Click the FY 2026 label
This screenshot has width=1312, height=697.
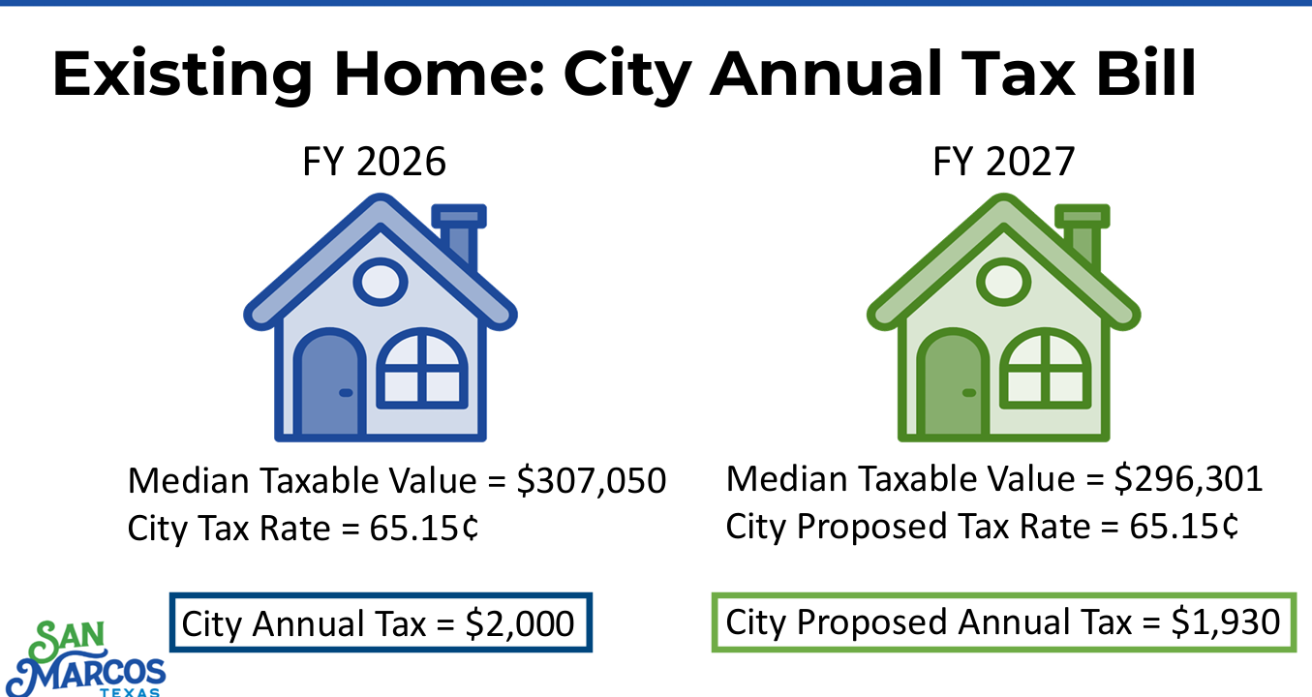click(x=375, y=162)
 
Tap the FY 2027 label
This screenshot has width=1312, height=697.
click(x=1004, y=162)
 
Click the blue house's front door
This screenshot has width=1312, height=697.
click(x=330, y=383)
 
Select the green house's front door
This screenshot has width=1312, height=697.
click(x=953, y=383)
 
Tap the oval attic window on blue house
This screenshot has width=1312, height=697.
click(x=381, y=282)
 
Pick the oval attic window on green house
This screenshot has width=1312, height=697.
click(x=1004, y=282)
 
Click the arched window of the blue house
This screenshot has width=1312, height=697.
click(x=422, y=369)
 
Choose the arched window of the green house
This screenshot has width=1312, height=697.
click(x=1046, y=369)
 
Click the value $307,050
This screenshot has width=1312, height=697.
click(x=592, y=481)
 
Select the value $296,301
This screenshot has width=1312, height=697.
click(x=1188, y=479)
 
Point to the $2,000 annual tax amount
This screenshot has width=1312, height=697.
click(x=520, y=623)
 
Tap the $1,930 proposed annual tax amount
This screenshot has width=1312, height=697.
click(x=1225, y=622)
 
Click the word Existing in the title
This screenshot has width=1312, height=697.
click(x=182, y=75)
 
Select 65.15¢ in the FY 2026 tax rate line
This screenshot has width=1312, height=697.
click(x=424, y=528)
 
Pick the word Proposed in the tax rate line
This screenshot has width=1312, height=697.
click(x=871, y=527)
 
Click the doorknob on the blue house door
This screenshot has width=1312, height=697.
click(x=346, y=392)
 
